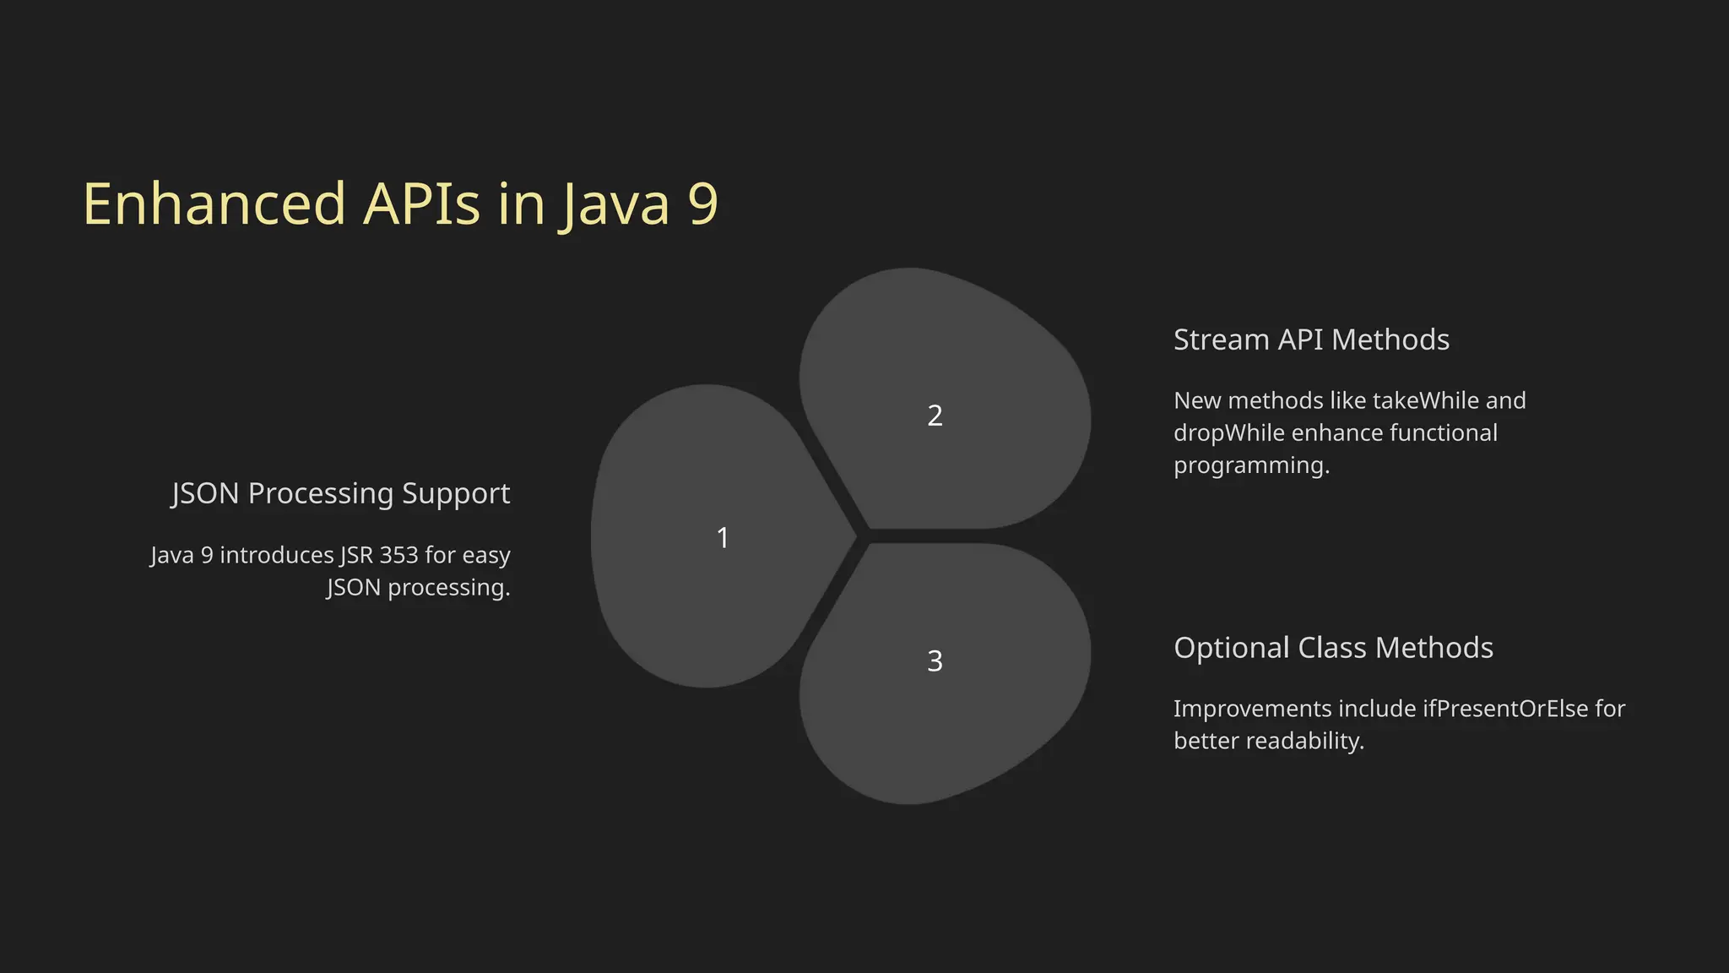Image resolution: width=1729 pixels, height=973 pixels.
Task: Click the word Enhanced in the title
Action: click(214, 204)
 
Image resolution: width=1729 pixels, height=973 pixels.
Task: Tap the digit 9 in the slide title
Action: click(702, 204)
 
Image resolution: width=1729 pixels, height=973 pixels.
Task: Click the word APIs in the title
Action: click(421, 204)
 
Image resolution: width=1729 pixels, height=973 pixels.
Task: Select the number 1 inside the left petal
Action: click(723, 538)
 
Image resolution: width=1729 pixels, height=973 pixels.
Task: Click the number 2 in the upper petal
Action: click(935, 416)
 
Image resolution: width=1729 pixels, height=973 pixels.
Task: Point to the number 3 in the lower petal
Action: click(935, 660)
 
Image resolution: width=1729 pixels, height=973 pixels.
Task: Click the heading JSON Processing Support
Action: click(340, 493)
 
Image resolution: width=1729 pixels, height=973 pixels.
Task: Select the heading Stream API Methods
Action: click(1311, 340)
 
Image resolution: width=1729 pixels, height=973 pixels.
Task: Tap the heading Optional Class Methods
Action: click(1333, 648)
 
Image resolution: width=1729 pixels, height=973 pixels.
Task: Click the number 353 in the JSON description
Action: click(398, 555)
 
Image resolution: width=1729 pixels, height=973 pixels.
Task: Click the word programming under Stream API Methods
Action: click(1251, 466)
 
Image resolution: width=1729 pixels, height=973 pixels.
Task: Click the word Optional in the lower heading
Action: click(1232, 648)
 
